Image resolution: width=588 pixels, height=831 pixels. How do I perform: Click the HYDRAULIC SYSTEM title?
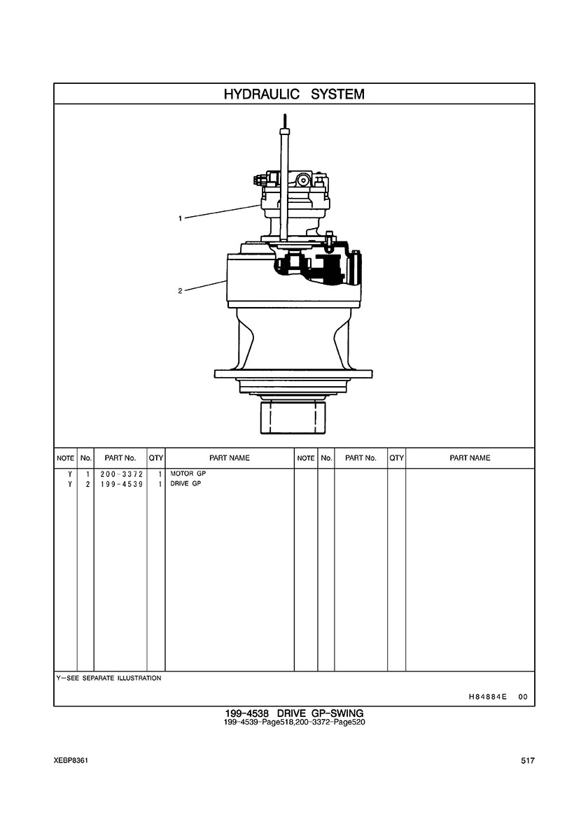(294, 94)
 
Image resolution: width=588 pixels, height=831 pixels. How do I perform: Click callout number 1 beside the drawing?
(181, 218)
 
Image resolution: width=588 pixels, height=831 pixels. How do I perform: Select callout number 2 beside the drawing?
(181, 290)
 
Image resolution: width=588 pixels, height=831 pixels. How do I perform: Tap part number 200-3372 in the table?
(121, 474)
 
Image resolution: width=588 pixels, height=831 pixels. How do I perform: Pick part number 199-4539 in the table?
(121, 484)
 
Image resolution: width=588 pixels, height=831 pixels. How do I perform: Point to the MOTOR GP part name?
(188, 474)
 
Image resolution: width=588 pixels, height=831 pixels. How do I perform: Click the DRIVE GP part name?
(185, 484)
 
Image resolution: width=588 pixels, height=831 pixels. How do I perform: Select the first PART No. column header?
(120, 458)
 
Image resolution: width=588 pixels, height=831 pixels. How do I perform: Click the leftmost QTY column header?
(156, 458)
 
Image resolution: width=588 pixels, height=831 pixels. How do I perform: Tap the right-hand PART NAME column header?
(470, 458)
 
